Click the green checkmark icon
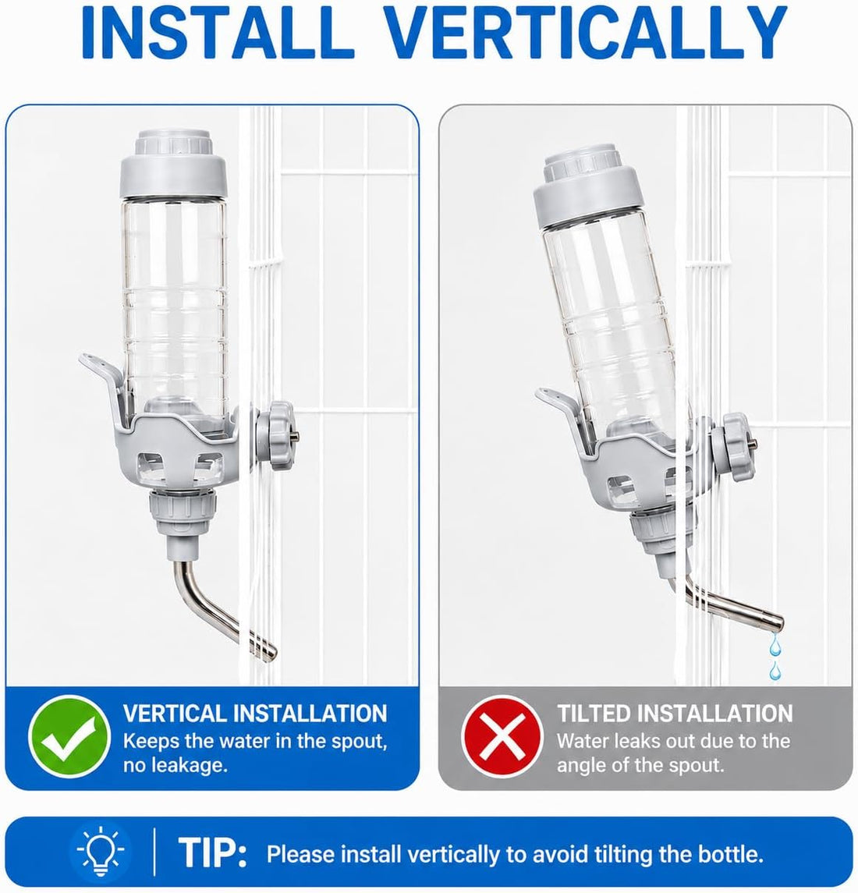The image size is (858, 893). [x=69, y=736]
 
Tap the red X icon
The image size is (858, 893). [x=502, y=736]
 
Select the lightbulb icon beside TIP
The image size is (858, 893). [x=101, y=852]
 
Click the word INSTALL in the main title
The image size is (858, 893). [x=218, y=32]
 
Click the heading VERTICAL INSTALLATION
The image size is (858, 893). [x=255, y=714]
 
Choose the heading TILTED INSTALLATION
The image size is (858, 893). [x=675, y=714]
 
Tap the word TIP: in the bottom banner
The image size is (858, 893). [x=213, y=852]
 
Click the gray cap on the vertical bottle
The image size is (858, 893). [x=173, y=164]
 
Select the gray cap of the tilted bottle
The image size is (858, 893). [x=587, y=184]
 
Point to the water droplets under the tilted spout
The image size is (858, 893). [x=775, y=657]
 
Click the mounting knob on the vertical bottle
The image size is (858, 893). [x=275, y=435]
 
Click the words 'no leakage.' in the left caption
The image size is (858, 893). [x=175, y=765]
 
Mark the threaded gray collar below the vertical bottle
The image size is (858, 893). [x=183, y=510]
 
